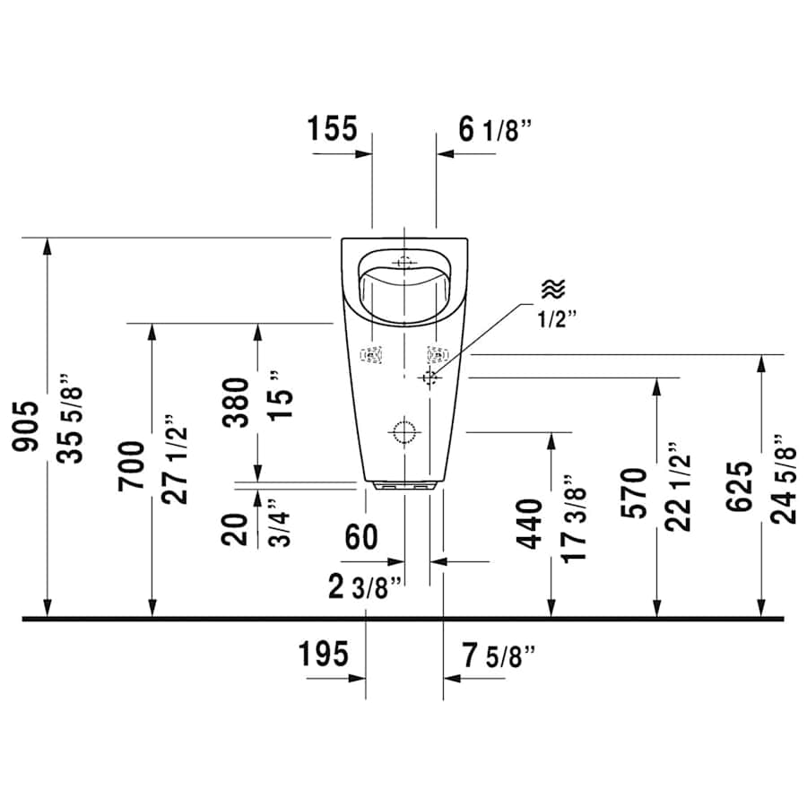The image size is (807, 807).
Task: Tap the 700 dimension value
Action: (131, 464)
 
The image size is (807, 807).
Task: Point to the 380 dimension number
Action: (236, 403)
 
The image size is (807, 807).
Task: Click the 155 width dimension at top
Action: (333, 129)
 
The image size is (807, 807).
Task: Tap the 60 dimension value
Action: (361, 538)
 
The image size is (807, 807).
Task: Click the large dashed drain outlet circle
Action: (403, 432)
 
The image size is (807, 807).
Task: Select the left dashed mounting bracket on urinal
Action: (371, 356)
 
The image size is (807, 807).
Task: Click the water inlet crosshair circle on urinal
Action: (431, 377)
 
